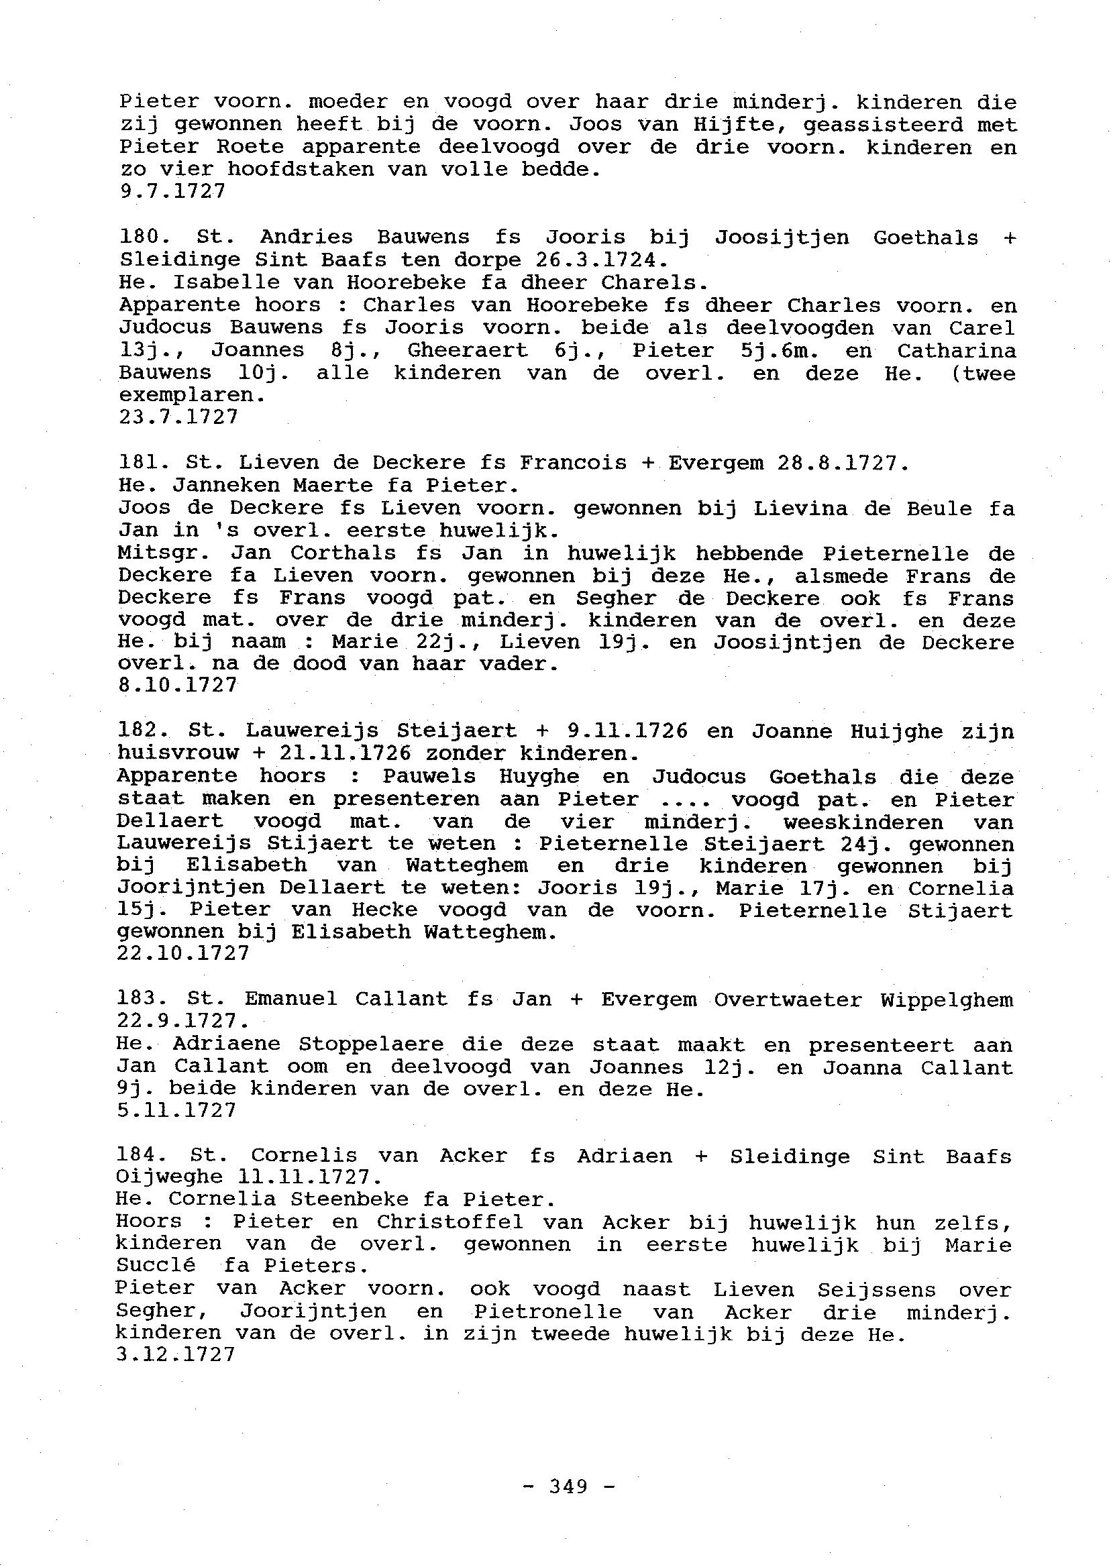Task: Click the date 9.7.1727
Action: point(172,191)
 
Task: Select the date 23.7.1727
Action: point(178,417)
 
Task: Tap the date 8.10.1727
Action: point(178,685)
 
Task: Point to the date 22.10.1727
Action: point(183,953)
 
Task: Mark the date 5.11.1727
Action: point(176,1110)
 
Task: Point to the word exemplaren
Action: point(192,395)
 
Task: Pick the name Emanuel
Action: point(290,999)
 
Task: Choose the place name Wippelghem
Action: point(947,999)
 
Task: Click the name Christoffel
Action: point(450,1222)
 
